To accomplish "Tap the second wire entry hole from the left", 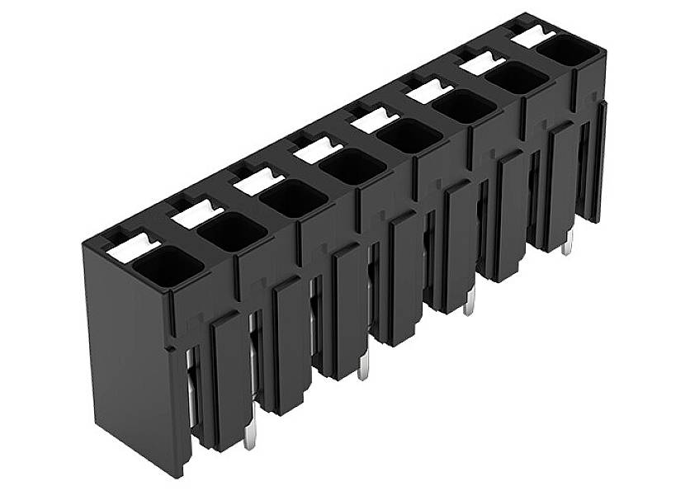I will tap(233, 232).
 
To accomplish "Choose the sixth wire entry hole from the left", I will tap(464, 106).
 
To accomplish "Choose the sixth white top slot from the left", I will tap(429, 90).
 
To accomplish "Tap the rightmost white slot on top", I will tap(531, 35).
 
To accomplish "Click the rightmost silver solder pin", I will tap(567, 244).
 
